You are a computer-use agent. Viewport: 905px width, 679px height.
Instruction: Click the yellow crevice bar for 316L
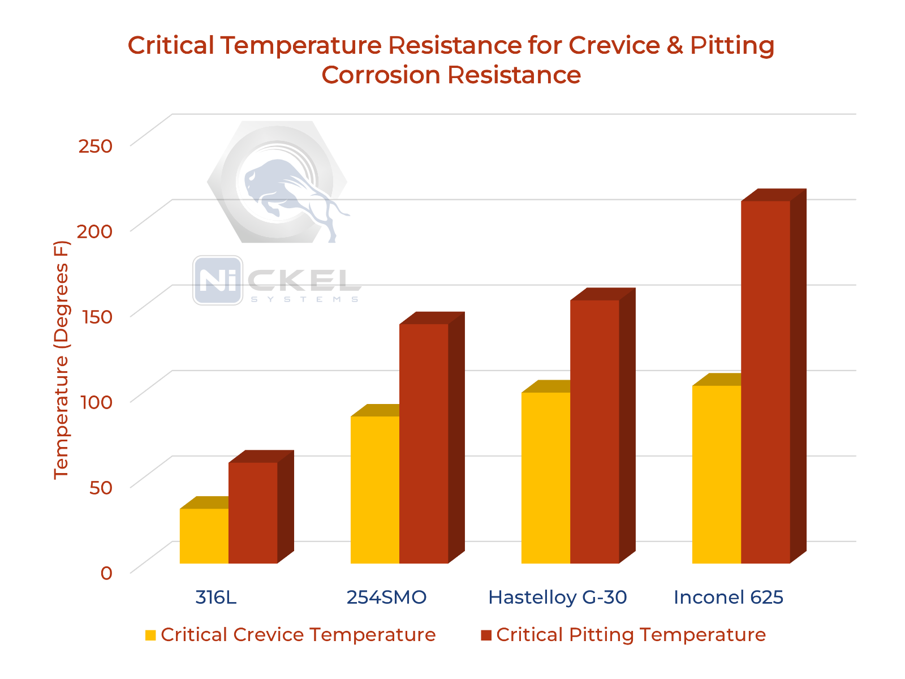pos(204,536)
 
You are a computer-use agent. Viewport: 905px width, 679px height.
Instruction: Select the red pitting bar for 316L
pos(253,513)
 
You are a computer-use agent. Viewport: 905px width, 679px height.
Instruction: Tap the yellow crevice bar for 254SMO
pos(375,489)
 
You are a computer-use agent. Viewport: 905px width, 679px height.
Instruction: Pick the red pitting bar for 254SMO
pos(424,444)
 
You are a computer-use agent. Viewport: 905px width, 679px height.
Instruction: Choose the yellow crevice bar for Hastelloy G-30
pos(546,478)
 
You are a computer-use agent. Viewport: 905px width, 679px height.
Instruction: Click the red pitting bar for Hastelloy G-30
pos(594,432)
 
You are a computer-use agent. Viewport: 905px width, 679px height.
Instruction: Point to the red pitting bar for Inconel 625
pos(765,382)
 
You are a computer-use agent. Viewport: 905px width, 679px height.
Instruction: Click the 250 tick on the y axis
pos(96,146)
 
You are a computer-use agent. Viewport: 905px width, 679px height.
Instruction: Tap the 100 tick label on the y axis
pos(96,402)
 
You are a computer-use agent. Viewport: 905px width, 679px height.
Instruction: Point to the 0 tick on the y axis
pos(106,573)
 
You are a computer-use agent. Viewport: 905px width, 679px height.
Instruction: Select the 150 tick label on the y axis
pos(96,317)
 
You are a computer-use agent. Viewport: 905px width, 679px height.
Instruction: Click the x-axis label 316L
pos(216,598)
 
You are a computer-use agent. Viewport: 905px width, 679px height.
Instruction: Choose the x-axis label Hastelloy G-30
pos(557,598)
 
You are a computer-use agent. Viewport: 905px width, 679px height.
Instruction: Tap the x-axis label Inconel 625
pos(728,598)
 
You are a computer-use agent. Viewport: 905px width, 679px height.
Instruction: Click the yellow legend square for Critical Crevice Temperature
pos(150,635)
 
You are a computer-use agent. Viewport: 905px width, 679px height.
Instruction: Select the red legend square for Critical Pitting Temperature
pos(486,635)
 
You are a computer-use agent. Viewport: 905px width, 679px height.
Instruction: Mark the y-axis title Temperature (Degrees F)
pos(61,360)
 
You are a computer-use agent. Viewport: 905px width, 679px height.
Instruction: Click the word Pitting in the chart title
pos(732,45)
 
